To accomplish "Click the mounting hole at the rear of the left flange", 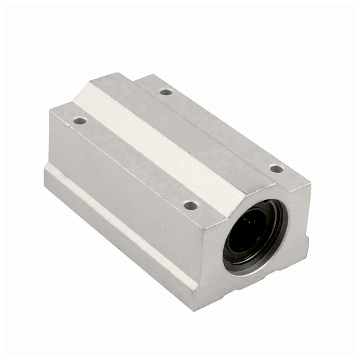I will pos(80,121).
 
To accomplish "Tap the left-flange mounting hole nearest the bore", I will pos(191,205).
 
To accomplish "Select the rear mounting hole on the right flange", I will pos(166,92).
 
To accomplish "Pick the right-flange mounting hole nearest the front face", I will pos(276,168).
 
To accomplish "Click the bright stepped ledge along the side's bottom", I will pos(118,221).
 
